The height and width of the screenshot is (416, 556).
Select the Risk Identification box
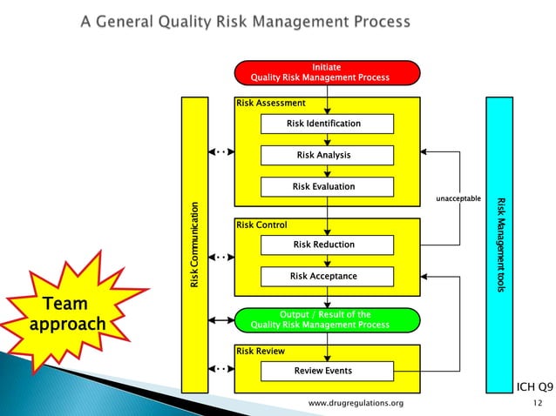(x=327, y=124)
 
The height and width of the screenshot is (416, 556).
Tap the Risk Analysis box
(x=327, y=155)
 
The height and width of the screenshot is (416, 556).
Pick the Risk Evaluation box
(x=327, y=186)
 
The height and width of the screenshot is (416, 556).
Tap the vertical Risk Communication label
(x=195, y=245)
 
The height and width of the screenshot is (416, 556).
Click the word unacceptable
(x=458, y=199)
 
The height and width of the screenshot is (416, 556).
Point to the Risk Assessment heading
(x=271, y=103)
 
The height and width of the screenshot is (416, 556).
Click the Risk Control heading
(x=261, y=225)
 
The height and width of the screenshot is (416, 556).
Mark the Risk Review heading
(x=261, y=351)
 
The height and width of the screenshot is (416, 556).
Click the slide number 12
(x=536, y=404)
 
